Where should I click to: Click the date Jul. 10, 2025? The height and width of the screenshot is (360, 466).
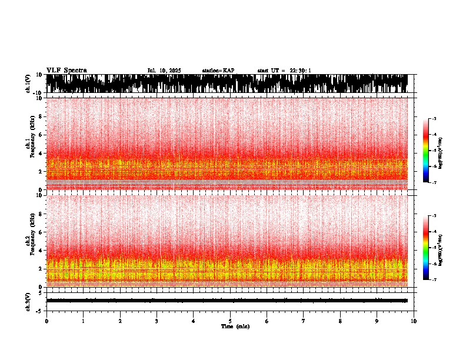164,71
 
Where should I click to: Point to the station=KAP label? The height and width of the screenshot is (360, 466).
218,71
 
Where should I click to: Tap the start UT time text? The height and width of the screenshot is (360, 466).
284,71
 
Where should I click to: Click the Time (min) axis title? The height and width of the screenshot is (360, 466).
235,326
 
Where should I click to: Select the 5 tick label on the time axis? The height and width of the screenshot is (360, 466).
230,321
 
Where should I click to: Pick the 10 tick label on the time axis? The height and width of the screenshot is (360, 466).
414,321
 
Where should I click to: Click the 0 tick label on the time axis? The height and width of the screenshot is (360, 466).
46,321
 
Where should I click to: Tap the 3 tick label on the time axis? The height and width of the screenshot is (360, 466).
157,321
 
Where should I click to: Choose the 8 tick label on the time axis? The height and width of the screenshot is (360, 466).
340,321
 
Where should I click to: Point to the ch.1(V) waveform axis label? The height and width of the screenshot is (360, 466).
28,84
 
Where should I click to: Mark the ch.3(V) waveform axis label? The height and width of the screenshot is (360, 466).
28,300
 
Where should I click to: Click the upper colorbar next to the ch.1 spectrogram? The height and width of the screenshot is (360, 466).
426,151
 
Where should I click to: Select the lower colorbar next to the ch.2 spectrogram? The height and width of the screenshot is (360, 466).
426,248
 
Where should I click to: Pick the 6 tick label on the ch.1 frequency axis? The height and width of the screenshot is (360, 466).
41,135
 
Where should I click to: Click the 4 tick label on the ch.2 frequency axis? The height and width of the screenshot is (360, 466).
41,250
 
